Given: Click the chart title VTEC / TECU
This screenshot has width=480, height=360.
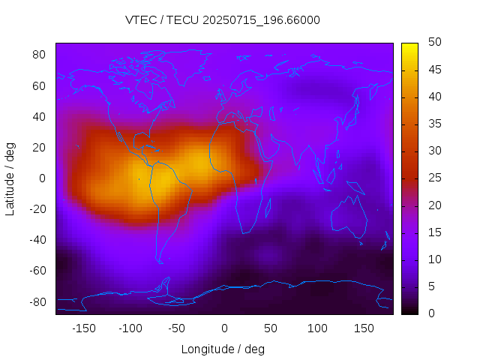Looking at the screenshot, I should (223, 20).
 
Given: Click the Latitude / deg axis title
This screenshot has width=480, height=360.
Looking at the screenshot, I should (10, 178).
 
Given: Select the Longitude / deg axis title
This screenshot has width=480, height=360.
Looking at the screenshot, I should (223, 349).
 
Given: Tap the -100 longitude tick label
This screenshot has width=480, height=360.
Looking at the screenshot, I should (130, 328).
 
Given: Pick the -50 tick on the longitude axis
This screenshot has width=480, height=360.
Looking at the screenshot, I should (177, 328).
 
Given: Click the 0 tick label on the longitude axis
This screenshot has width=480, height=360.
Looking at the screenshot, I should (223, 328).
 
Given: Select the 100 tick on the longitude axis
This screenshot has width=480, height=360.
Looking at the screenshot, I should (317, 328).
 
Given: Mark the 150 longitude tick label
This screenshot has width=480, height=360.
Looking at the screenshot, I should (364, 328).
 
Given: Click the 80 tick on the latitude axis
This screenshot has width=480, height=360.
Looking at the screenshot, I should (40, 55).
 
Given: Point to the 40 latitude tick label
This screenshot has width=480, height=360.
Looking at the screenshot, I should (40, 116).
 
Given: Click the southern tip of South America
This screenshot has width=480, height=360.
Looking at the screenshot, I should (159, 261).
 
